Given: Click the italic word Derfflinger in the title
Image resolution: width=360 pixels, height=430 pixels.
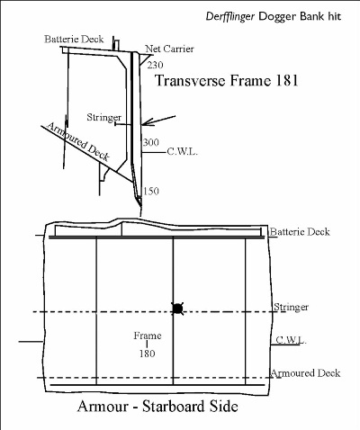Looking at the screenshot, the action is (230, 16).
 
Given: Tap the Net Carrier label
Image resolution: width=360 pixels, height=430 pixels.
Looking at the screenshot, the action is (169, 49).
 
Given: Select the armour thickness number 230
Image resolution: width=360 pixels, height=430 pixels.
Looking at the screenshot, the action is (155, 65).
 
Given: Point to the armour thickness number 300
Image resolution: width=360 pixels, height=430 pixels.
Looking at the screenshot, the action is (150, 142).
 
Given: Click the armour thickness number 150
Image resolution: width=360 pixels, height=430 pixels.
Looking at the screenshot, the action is (150, 191).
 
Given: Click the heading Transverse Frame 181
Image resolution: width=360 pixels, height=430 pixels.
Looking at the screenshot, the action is (227, 80).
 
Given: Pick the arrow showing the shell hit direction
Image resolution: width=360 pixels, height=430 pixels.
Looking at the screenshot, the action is (158, 120).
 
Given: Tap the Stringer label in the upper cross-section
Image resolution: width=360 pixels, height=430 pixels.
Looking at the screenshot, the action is (104, 117).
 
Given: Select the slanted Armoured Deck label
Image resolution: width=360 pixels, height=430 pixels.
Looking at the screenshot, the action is (78, 141).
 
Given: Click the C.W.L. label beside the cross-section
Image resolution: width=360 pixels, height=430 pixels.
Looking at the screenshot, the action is (182, 152).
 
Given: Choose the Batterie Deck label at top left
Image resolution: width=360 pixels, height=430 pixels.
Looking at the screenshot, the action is (74, 39).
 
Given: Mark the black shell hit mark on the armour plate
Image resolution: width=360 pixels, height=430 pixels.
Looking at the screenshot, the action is (177, 309).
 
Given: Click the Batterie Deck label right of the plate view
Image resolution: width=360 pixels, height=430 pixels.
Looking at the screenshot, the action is (300, 231).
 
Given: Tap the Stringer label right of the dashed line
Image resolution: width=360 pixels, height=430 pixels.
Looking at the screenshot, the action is (291, 307).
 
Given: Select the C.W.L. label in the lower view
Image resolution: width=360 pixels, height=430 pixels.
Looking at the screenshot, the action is (291, 340).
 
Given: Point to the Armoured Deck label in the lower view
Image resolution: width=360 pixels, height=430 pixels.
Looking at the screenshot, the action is (305, 373).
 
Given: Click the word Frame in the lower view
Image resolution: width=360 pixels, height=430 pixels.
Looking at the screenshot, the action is (148, 336).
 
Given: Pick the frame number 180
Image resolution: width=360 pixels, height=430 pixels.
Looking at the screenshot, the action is (147, 354).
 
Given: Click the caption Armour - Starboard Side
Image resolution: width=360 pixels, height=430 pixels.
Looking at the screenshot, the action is (157, 407).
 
